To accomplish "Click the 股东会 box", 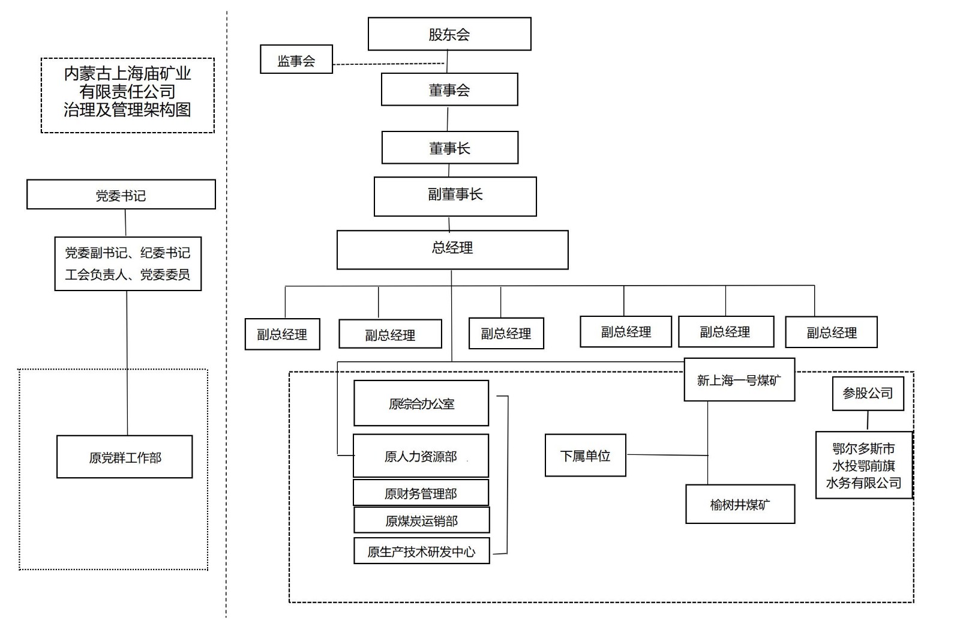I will [449, 34].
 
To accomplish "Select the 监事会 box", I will [296, 60].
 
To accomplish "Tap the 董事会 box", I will [449, 90].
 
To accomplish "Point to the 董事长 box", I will [449, 148].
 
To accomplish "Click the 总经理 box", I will [452, 249].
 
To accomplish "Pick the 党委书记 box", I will [121, 195].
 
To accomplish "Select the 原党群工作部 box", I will [125, 457].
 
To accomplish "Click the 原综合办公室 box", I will [421, 404].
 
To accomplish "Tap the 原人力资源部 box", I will [421, 456].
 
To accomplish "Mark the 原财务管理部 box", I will [421, 493].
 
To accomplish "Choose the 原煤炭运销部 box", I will [421, 520].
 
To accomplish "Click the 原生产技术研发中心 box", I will [421, 551].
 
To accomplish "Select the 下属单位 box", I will [585, 456].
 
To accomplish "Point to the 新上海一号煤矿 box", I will [739, 380].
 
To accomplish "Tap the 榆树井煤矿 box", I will [740, 504].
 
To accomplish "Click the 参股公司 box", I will [868, 394].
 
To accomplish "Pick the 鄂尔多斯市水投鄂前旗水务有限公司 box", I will [863, 465].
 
